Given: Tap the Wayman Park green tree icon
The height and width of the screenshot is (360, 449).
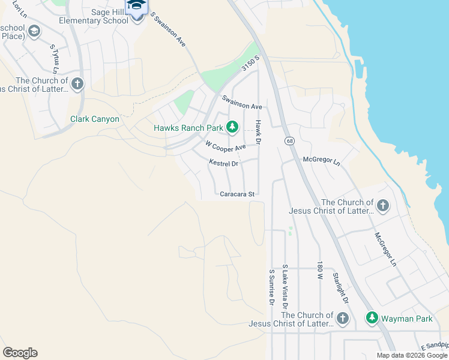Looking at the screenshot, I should pyautogui.click(x=372, y=318).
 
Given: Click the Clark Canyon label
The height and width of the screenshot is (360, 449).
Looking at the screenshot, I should pyautogui.click(x=95, y=119).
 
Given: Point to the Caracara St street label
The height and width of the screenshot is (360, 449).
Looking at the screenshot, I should pyautogui.click(x=238, y=194).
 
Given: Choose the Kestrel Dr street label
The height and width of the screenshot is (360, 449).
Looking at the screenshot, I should pyautogui.click(x=224, y=163).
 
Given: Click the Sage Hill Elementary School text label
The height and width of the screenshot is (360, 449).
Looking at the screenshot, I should pyautogui.click(x=94, y=16).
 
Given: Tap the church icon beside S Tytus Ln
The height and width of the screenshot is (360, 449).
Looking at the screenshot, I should pyautogui.click(x=77, y=84).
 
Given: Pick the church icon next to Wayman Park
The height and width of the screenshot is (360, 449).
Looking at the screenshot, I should pyautogui.click(x=343, y=318).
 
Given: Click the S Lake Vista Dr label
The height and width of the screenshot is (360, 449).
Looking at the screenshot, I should pyautogui.click(x=285, y=284).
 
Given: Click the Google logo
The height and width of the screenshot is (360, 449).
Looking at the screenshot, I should pyautogui.click(x=20, y=353).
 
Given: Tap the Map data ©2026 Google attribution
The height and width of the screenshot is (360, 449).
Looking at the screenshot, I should pyautogui.click(x=411, y=355).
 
